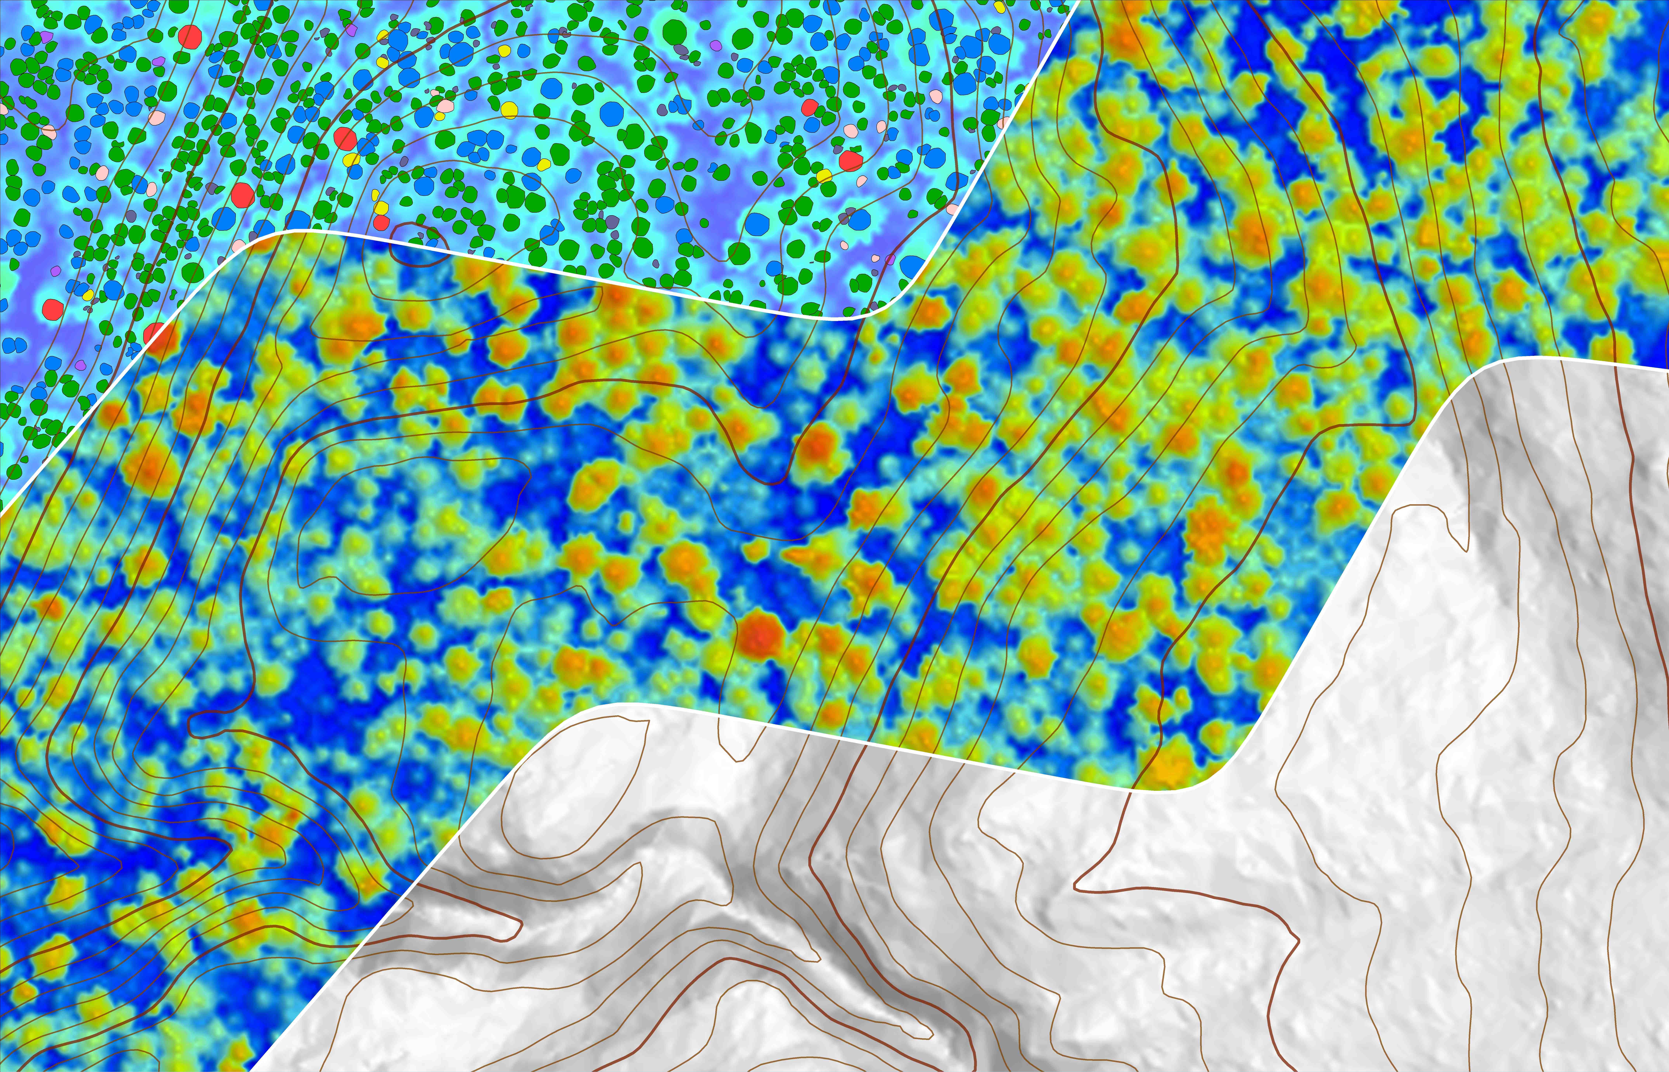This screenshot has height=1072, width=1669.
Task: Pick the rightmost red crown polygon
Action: click(x=850, y=161)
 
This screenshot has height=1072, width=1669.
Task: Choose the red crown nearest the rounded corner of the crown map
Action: click(x=850, y=161)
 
